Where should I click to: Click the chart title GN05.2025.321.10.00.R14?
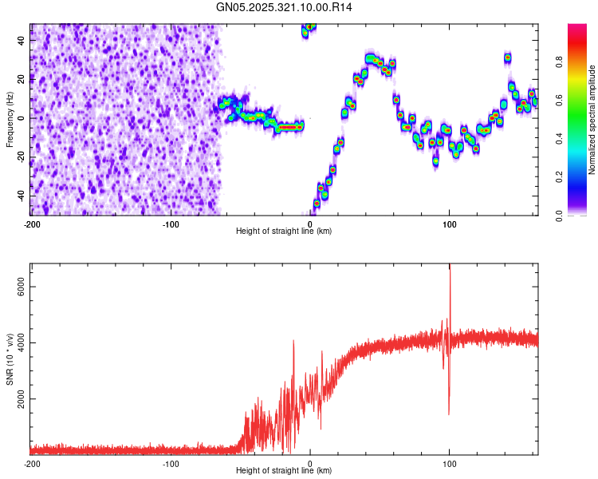point(285,7)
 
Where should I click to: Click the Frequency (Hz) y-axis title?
point(10,120)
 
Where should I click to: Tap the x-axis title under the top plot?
point(284,232)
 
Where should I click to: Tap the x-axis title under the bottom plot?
point(284,471)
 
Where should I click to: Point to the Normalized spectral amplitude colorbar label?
point(592,120)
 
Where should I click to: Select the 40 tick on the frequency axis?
point(22,39)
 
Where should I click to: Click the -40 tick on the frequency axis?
point(20,196)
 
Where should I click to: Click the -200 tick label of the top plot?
point(32,223)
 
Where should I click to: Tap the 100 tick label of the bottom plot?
point(450,463)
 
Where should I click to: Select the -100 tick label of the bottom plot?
point(171,463)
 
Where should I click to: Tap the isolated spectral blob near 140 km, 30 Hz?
point(507,57)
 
